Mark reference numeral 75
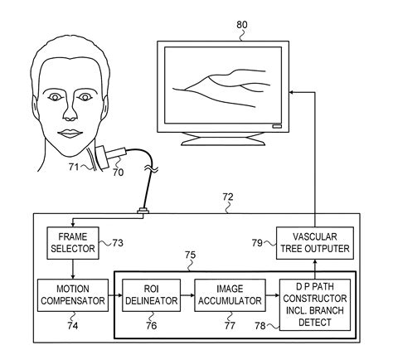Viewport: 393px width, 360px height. tap(190, 256)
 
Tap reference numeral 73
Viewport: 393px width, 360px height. tap(117, 244)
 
